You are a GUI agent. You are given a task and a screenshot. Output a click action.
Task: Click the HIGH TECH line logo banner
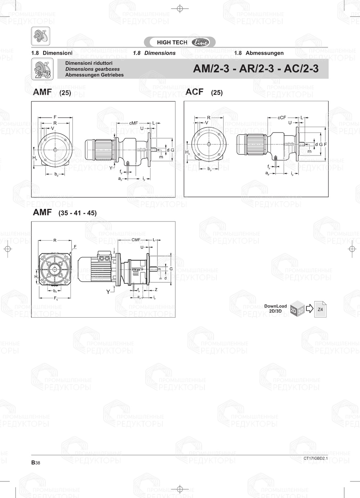(x=180, y=42)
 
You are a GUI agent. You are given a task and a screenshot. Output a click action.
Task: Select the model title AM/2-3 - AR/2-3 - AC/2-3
(x=256, y=69)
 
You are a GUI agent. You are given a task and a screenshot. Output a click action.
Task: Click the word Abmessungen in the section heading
(x=264, y=53)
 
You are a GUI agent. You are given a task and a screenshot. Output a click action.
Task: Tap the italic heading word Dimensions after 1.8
(x=160, y=53)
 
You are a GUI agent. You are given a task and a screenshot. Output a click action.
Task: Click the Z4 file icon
(x=320, y=309)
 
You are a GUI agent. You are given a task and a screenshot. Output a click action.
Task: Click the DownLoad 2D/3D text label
(x=275, y=309)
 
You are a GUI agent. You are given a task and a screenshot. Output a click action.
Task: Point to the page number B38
(x=36, y=463)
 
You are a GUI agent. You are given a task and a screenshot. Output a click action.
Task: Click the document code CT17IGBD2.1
(x=315, y=458)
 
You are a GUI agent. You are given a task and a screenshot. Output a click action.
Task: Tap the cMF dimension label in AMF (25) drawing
(x=133, y=123)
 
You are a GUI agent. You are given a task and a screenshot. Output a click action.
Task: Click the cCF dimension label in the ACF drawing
(x=282, y=118)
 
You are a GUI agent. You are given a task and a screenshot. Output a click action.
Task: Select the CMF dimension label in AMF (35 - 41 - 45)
(x=136, y=240)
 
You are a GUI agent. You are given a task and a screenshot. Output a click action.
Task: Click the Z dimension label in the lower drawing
(x=156, y=290)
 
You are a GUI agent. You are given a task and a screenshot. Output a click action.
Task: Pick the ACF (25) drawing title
(x=204, y=92)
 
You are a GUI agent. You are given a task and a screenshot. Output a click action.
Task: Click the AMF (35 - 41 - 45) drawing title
(x=64, y=212)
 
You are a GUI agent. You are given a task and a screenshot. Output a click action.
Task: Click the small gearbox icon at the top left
(x=40, y=36)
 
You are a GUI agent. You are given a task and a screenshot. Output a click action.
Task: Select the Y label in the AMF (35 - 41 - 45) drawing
(x=108, y=292)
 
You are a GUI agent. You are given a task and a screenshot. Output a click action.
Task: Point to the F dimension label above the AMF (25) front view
(x=55, y=117)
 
